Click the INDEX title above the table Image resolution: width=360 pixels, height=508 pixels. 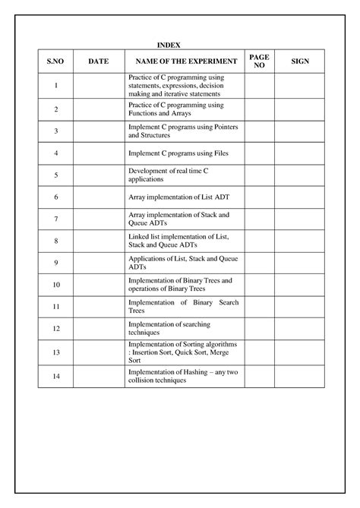click(x=169, y=46)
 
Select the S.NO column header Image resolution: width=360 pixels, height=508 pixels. click(x=56, y=62)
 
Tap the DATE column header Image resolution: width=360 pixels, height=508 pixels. click(x=99, y=62)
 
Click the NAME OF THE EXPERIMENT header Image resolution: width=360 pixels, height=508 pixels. click(x=184, y=62)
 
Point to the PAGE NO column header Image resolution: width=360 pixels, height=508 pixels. click(x=258, y=62)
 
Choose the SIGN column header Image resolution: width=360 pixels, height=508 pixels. click(x=299, y=62)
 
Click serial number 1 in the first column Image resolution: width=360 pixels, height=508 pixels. click(x=56, y=86)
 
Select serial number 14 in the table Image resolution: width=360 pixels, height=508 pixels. click(x=56, y=376)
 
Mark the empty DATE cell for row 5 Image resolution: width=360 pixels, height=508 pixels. click(x=99, y=175)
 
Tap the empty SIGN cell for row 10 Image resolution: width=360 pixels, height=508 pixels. click(x=299, y=285)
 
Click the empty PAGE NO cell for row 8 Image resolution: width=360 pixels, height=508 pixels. click(x=258, y=241)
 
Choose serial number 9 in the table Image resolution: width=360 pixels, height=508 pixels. click(x=56, y=263)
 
